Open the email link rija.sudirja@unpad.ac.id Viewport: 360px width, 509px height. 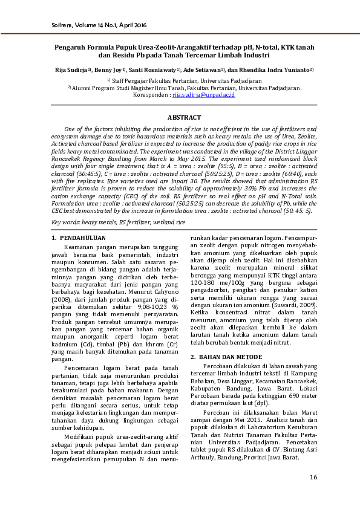click(x=203, y=96)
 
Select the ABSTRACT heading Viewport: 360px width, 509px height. click(x=184, y=117)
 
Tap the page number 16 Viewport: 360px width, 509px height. click(x=313, y=478)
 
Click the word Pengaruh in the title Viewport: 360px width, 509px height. click(x=70, y=46)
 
